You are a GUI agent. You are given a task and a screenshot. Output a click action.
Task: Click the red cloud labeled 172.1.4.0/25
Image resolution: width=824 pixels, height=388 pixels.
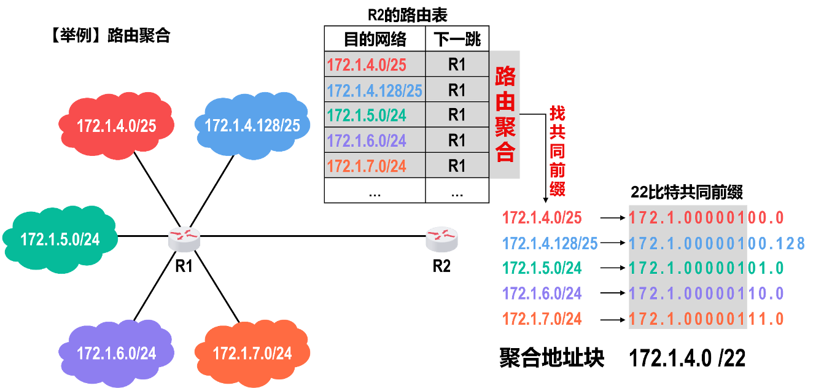[116, 126]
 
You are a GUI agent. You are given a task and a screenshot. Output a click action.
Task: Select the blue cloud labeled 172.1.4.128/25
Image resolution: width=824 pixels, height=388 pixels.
[252, 126]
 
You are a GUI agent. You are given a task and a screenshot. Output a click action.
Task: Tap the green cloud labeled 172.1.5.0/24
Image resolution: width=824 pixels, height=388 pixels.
[60, 239]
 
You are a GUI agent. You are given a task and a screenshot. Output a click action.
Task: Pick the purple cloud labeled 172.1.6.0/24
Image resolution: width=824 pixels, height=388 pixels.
[116, 354]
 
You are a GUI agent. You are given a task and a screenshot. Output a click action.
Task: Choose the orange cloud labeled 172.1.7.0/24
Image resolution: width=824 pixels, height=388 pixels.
[252, 354]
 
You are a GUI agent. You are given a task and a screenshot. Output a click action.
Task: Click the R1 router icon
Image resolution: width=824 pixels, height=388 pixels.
[184, 238]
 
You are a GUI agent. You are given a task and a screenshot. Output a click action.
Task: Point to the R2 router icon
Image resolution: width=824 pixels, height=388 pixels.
[441, 238]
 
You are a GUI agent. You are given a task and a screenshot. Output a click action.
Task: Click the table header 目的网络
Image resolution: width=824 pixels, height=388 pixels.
[375, 40]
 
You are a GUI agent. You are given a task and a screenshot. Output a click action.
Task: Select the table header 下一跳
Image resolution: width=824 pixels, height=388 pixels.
[457, 40]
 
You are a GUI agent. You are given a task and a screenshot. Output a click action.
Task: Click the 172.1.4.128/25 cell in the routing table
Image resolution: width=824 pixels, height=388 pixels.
[375, 90]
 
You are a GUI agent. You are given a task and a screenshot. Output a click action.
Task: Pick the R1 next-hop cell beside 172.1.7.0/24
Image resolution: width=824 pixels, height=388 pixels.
[457, 165]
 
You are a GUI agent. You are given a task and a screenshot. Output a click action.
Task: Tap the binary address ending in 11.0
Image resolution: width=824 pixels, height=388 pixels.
[706, 319]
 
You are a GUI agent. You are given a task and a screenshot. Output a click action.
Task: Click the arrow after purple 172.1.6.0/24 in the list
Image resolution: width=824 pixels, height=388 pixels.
[612, 293]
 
